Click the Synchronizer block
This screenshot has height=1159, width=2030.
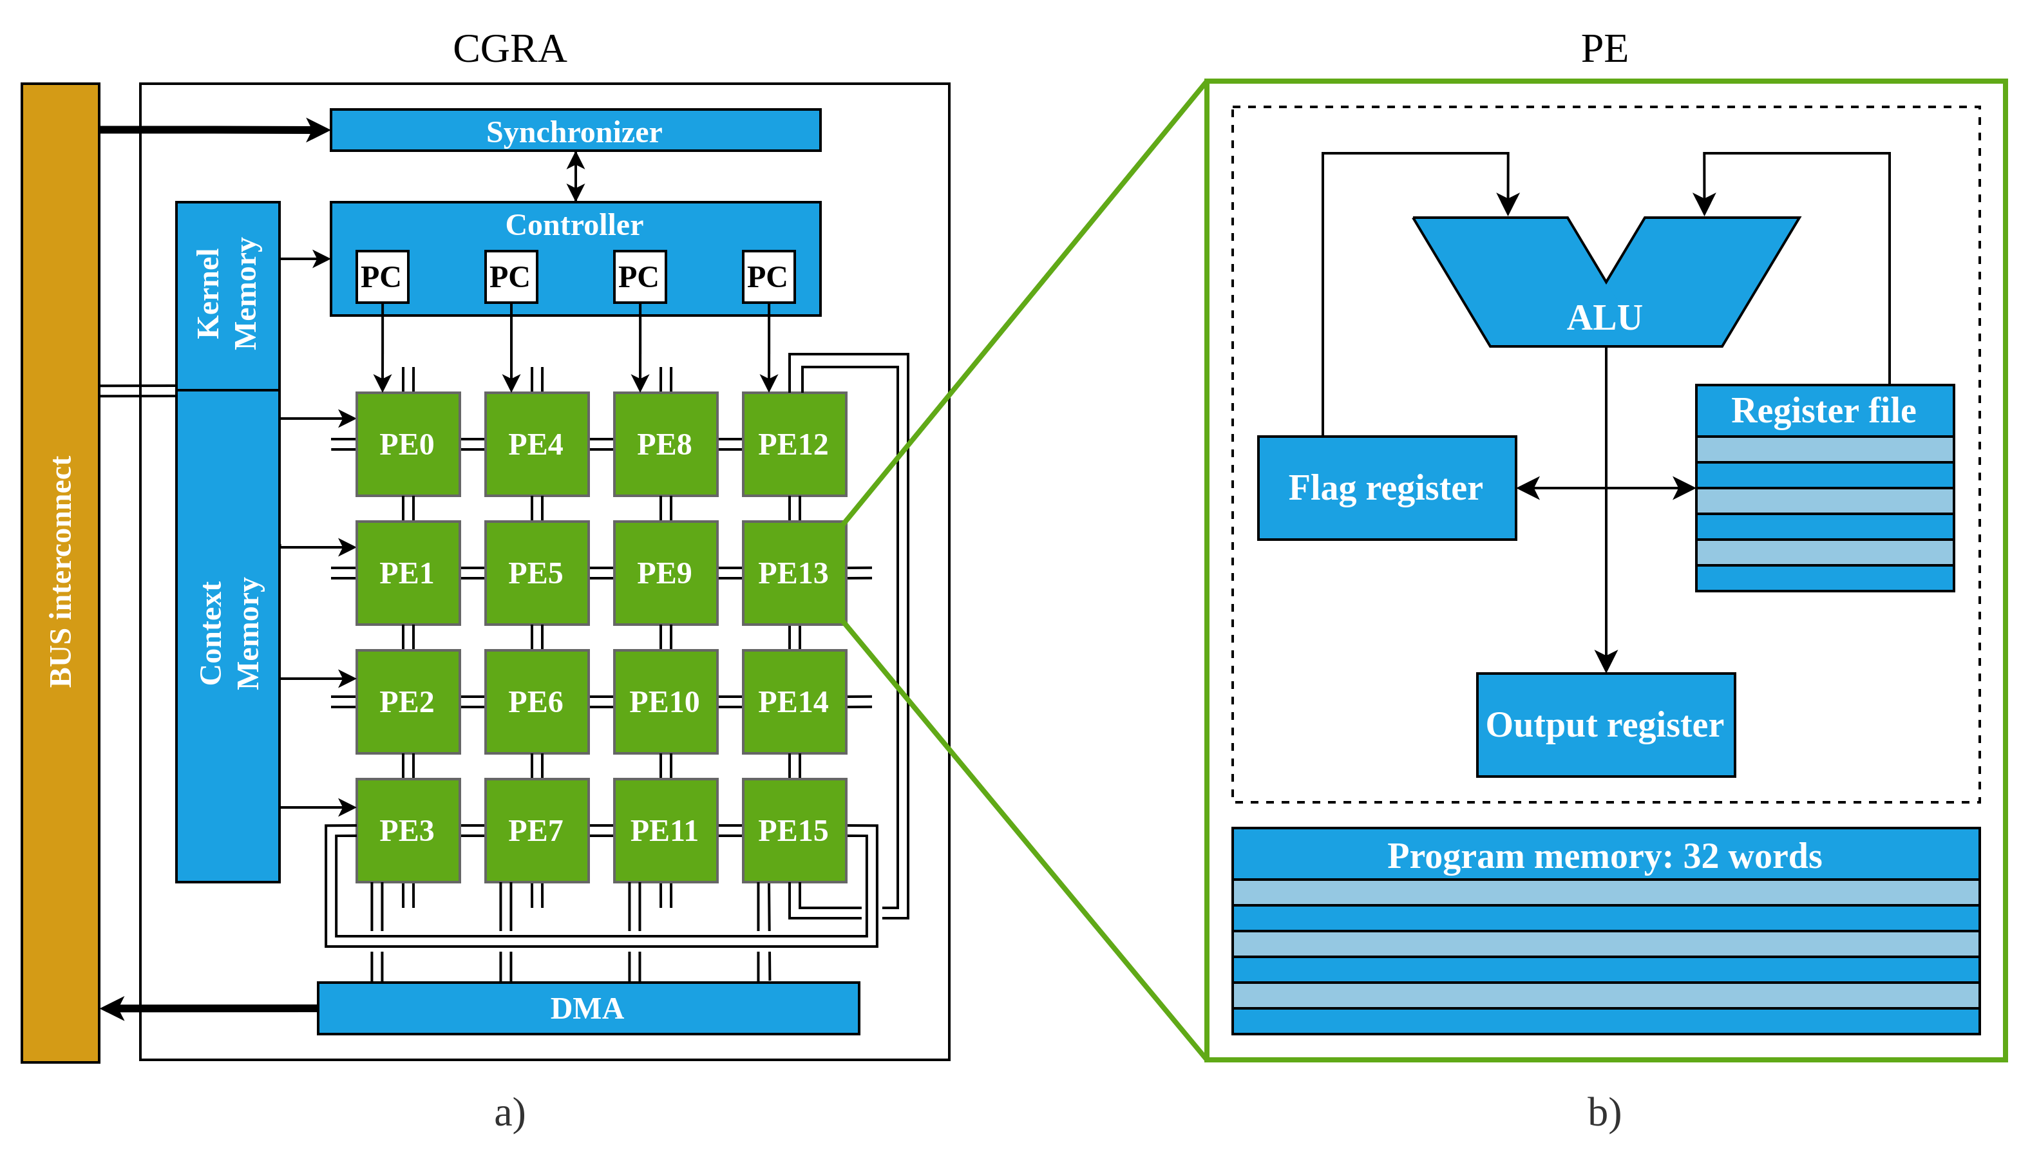(574, 131)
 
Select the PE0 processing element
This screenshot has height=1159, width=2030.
(408, 444)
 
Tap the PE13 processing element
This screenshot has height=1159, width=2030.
(793, 573)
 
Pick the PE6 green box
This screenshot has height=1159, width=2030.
(536, 702)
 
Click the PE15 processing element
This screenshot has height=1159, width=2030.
(793, 830)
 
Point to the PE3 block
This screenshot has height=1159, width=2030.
(408, 830)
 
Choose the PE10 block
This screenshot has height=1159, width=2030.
(665, 702)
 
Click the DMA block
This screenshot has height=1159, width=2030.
(587, 1008)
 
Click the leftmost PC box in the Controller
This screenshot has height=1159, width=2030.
(382, 277)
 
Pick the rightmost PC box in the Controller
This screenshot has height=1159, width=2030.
(768, 277)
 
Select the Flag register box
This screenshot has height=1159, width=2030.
(1386, 488)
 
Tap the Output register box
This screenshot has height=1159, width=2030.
(1605, 725)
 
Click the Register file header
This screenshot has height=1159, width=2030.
(1824, 411)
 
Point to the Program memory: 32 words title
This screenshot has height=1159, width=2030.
(1605, 856)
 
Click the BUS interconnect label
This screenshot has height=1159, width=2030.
(61, 572)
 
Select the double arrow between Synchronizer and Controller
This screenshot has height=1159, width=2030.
(576, 176)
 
